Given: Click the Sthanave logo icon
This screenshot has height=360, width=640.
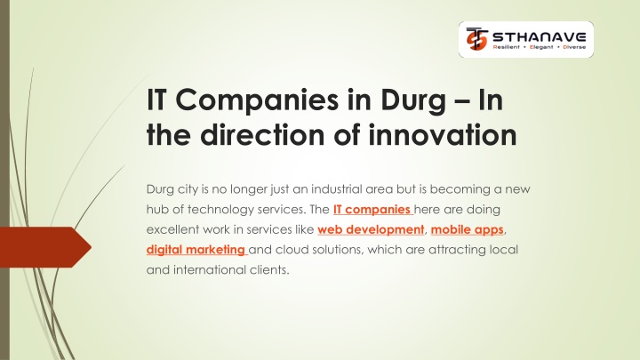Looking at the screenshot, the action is point(476,39).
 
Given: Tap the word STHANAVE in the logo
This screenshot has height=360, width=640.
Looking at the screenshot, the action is point(540,37).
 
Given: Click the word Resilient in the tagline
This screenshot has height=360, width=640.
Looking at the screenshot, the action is point(506,47).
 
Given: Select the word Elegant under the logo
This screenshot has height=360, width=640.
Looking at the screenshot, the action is point(541,47).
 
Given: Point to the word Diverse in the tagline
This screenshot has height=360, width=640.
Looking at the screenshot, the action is point(574,47).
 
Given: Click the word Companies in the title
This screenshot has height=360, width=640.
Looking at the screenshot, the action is point(257,100).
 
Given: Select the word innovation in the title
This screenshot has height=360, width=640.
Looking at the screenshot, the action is point(443,135).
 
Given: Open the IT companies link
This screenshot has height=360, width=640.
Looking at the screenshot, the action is point(373,210).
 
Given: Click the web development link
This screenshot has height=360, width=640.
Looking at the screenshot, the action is point(371,230).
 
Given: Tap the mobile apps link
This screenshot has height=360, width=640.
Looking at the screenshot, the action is point(468,230).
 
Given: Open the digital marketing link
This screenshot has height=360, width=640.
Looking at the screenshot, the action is point(196,250).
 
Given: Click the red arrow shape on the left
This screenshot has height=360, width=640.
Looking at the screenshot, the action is point(45,247).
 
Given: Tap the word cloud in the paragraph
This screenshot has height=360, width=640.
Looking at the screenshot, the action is point(291,250).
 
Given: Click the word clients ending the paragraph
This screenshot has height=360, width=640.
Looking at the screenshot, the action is point(269,270).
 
